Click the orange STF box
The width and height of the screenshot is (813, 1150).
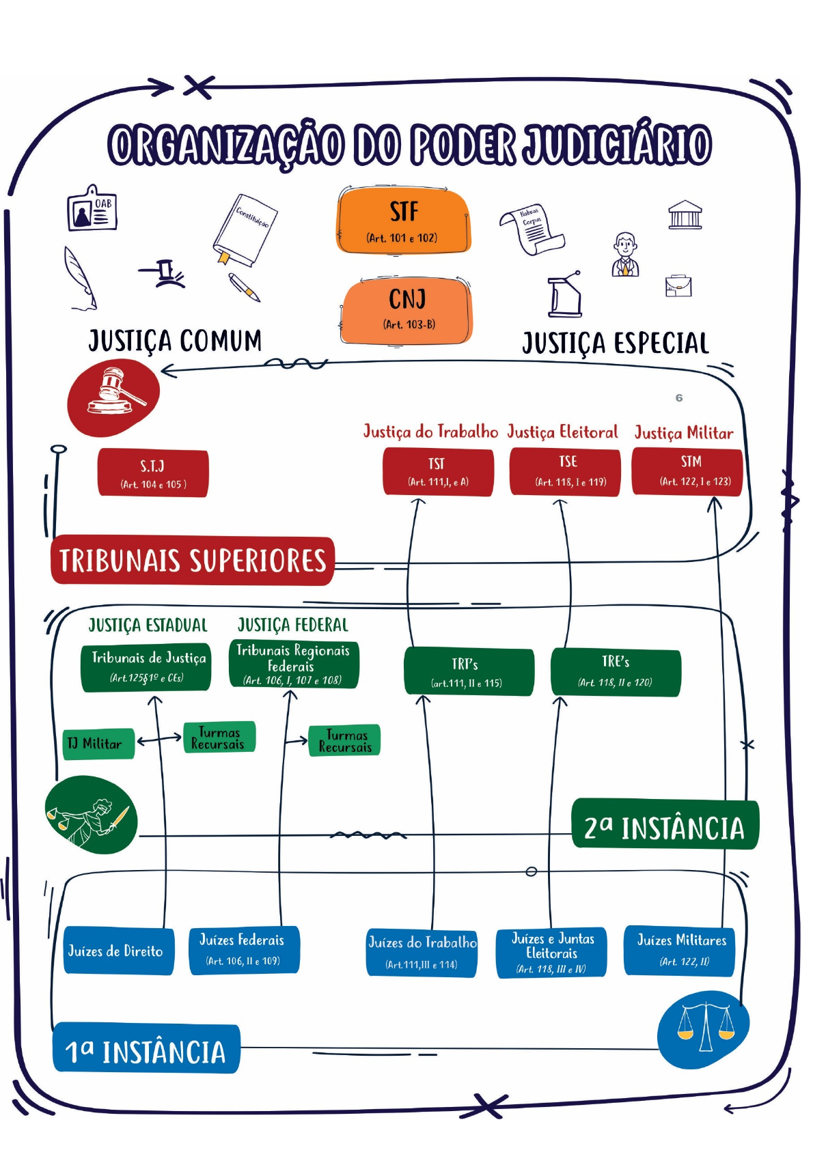[x=404, y=221]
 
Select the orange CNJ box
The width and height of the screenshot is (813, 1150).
[x=408, y=309]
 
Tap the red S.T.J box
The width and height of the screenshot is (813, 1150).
[x=153, y=473]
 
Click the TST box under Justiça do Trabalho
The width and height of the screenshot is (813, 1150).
[x=438, y=472]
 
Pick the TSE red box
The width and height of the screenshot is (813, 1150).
[x=565, y=471]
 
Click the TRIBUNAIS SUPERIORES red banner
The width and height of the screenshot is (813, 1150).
[x=193, y=561]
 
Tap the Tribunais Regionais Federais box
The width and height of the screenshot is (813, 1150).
[x=294, y=664]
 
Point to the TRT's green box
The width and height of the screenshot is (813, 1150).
[x=469, y=672]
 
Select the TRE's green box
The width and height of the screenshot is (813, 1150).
[x=616, y=672]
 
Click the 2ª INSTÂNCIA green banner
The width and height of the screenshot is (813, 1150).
[x=664, y=826]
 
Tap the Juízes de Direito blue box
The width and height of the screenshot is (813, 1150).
[x=118, y=951]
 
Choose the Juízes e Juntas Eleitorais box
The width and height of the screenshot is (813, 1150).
[x=551, y=953]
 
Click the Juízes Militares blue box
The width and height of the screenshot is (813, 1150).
[x=680, y=950]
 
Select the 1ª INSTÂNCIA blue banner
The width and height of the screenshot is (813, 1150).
[x=146, y=1050]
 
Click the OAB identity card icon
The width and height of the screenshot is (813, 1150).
[x=92, y=209]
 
